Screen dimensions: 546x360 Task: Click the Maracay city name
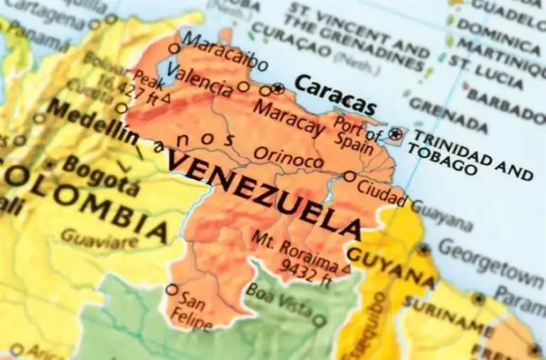(289, 119)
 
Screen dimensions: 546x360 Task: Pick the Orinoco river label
(288, 158)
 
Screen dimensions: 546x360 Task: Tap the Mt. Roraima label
(292, 248)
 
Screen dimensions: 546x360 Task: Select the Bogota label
(100, 175)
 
